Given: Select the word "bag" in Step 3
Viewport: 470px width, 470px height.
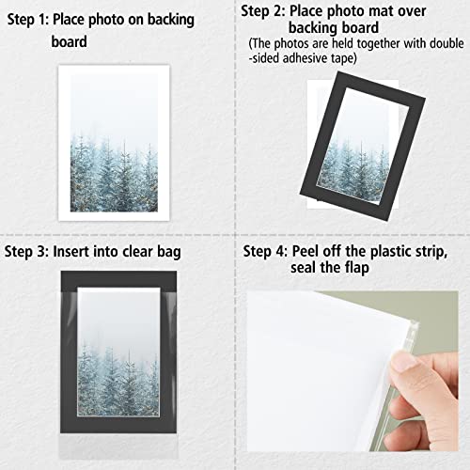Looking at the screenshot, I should tap(167, 252).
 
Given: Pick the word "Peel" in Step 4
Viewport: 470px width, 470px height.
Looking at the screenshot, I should tap(318, 252).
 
